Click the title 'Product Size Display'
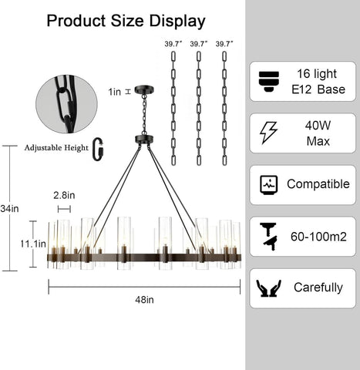pos(126,21)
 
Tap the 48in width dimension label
pos(144,300)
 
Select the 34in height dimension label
pos(9,208)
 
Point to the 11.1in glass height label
pos(33,244)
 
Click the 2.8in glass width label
pos(64,195)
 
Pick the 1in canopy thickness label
pos(114,92)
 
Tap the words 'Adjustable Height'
pos(56,148)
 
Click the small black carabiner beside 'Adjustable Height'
pos(98,150)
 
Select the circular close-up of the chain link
pos(66,104)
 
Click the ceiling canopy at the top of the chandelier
pos(144,89)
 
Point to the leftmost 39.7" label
pos(173,44)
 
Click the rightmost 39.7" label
pos(224,44)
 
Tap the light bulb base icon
pos(269,82)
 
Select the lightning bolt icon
pos(268,133)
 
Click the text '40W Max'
pos(318,133)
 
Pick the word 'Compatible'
pos(318,184)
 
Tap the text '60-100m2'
pos(318,237)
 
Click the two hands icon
pos(269,288)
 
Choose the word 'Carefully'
pos(318,288)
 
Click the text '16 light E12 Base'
pos(318,82)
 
